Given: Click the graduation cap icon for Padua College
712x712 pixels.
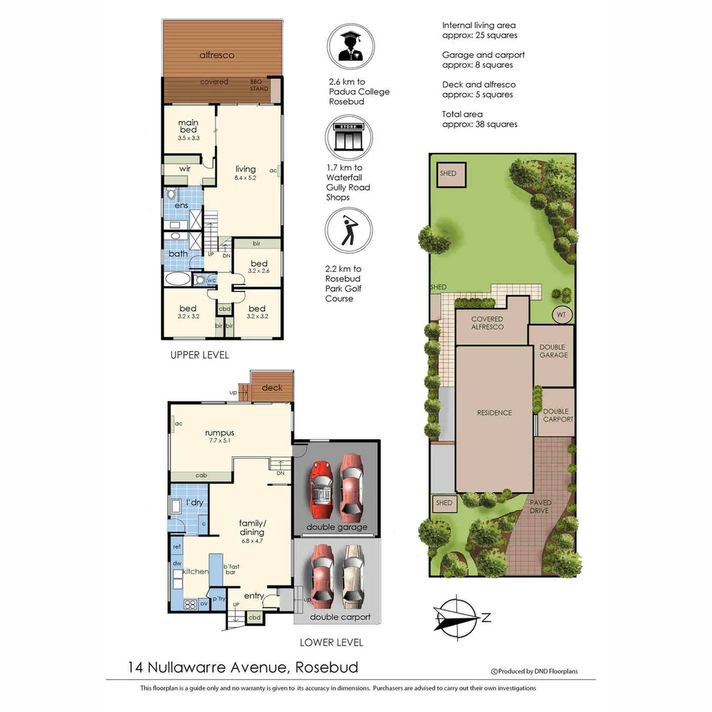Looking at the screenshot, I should coord(351,46).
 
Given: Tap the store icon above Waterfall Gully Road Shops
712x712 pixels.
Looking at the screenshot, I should coord(349,137).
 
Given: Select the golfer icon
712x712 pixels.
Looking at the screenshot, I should coord(349,230).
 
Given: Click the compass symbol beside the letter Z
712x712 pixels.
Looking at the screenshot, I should coord(456,618).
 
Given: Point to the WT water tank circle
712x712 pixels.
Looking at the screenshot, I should coord(561,314).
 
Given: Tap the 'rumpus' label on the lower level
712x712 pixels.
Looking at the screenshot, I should coord(220,432).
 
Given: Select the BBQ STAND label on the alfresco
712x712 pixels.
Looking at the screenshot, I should coord(259,85).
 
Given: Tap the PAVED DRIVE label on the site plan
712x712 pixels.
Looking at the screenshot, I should coord(541,506).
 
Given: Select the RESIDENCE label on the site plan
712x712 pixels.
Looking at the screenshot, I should coord(494,413).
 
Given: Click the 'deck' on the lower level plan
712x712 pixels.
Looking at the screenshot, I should coord(272,388).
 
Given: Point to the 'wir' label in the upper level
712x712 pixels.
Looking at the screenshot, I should coord(185,169).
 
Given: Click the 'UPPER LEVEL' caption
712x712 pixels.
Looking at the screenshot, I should coord(199,355).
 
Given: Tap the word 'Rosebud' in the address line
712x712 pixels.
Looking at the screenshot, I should coord(327,667).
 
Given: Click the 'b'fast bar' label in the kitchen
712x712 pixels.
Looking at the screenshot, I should coord(231,570).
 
